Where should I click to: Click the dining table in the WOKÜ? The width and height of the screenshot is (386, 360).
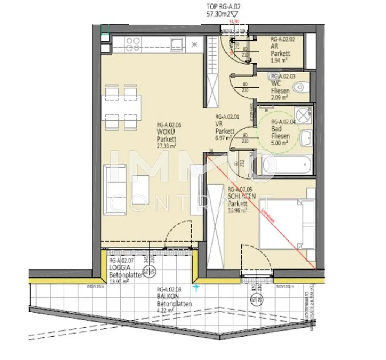pos(121,107)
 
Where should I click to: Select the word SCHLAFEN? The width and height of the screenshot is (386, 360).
pos(242,196)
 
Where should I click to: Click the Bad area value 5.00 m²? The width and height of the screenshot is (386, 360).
pos(280,143)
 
